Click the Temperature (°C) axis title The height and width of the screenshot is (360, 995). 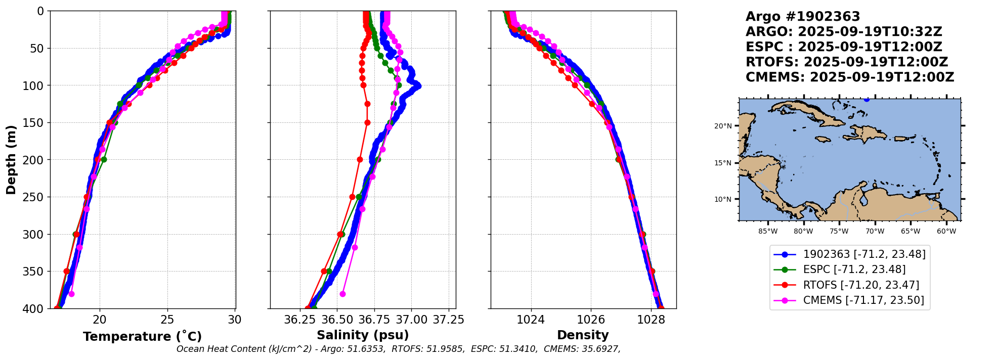pos(142,336)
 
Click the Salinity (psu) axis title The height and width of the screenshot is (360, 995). pos(363,335)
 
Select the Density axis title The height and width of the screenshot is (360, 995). pos(583,335)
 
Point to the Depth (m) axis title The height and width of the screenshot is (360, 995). pos(11,160)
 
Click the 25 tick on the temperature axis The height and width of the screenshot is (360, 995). pos(167,320)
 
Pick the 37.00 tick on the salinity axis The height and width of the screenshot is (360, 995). pos(411,320)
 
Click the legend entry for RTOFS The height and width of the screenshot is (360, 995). pos(861,285)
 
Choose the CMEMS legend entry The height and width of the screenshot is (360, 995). pos(863,300)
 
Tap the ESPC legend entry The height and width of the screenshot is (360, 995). pos(854,269)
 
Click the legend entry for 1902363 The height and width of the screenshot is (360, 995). pos(864,254)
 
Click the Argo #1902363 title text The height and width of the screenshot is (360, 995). pos(803,17)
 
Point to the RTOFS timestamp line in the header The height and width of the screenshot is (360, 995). pos(847,62)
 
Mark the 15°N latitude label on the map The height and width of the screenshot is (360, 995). pos(723,163)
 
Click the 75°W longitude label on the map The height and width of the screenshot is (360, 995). pos(839,232)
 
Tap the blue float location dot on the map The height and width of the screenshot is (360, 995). pos(867,99)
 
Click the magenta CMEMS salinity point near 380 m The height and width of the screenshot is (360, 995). pos(342,294)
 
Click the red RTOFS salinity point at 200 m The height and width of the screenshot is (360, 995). pos(360,159)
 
